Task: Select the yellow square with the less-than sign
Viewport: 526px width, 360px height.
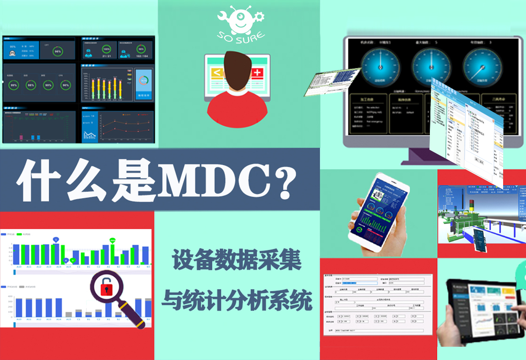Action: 217,72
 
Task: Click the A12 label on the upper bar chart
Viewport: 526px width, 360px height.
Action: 39,266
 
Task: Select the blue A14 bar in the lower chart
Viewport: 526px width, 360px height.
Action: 59,307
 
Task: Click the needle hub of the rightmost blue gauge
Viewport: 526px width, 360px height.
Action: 479,67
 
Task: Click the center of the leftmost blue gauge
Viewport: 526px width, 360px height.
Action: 380,67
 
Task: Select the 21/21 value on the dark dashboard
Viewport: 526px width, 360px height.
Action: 107,56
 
